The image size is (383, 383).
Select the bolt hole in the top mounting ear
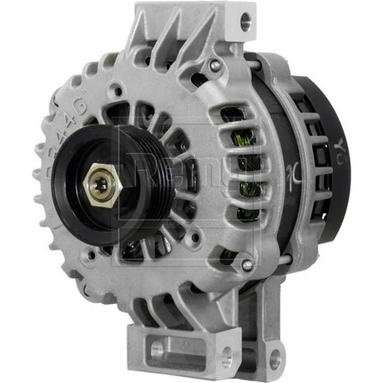(x=242, y=23)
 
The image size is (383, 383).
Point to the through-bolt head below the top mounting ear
(x=216, y=65)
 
